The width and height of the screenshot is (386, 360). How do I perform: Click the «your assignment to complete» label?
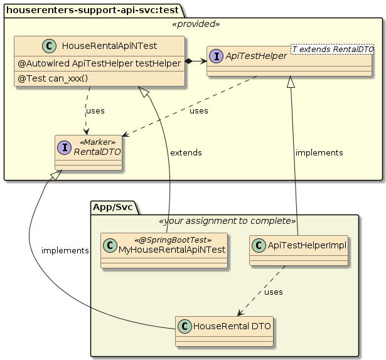[227, 221]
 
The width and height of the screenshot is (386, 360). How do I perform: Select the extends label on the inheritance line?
[185, 152]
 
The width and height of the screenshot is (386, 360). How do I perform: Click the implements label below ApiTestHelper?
[319, 152]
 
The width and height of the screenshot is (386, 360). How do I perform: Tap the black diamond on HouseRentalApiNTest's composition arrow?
[189, 61]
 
